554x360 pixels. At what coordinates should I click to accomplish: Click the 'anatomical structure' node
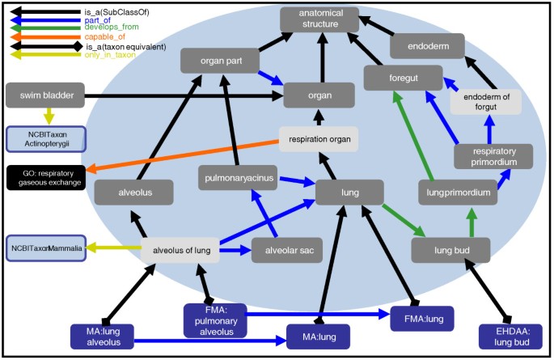click(x=321, y=19)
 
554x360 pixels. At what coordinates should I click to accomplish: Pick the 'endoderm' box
click(x=426, y=46)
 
